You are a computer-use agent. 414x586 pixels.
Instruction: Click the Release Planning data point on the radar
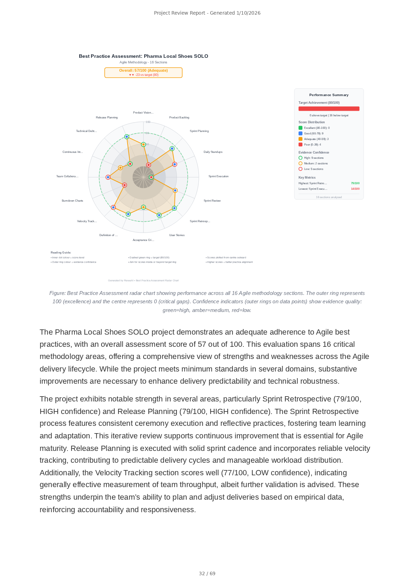(127, 137)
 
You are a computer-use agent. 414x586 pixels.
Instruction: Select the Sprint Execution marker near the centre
(151, 177)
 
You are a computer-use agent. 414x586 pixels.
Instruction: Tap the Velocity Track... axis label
(87, 221)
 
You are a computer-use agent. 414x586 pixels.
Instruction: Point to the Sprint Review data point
(175, 190)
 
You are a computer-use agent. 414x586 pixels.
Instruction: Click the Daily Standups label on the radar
(213, 152)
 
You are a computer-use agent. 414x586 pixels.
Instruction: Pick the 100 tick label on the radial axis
(148, 122)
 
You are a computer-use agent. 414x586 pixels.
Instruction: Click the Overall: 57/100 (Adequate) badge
(143, 72)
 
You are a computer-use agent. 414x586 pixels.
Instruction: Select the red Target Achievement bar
(329, 109)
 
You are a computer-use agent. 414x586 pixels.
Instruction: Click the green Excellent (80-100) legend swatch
(300, 128)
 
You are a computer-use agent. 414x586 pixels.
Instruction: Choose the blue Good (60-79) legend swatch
(300, 133)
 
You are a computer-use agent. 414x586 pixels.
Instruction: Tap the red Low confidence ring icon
(300, 169)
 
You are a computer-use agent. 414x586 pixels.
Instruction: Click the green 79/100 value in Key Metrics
(355, 183)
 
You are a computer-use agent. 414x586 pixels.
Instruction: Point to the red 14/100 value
(355, 189)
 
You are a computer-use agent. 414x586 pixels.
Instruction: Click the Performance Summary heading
(328, 95)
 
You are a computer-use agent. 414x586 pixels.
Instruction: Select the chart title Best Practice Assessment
(143, 56)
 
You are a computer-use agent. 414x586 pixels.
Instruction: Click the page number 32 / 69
(207, 573)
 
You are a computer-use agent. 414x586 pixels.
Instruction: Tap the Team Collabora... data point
(108, 177)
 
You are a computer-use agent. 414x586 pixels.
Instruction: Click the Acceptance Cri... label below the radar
(143, 240)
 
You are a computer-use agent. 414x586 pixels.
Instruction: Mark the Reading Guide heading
(61, 252)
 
